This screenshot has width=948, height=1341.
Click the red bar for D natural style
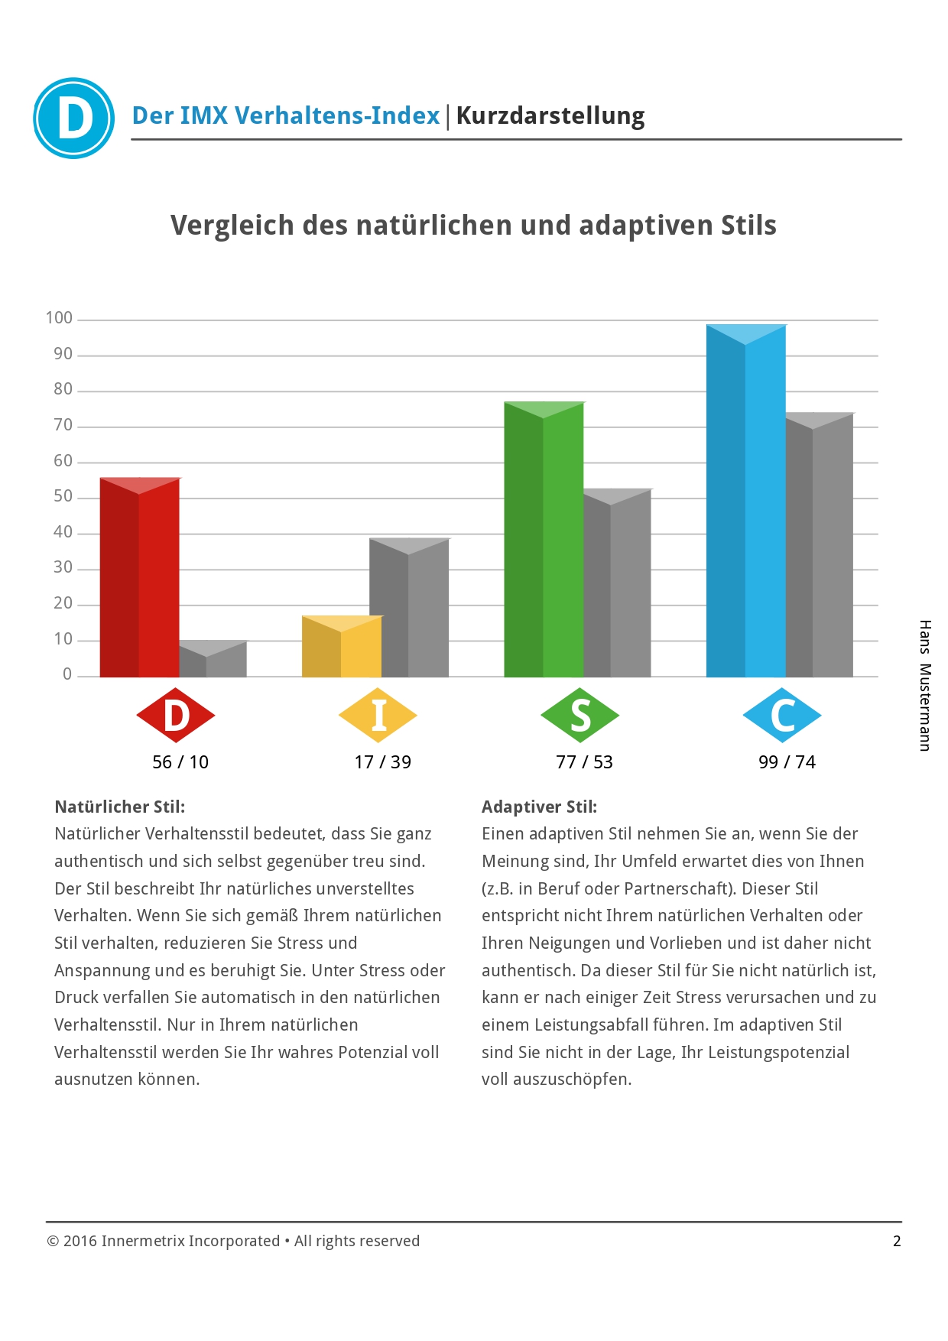(139, 577)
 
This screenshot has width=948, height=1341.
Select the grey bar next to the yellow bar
(409, 608)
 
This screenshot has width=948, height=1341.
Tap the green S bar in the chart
(544, 539)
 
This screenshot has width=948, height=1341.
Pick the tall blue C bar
(745, 501)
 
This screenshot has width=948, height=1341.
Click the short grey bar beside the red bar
(213, 659)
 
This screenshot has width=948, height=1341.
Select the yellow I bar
(341, 647)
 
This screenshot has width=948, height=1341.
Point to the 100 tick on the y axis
(60, 318)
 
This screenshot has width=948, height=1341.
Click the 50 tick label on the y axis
(63, 496)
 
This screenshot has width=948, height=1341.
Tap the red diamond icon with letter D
(176, 716)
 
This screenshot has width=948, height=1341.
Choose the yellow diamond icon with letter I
(378, 716)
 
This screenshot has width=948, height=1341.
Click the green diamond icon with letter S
(580, 716)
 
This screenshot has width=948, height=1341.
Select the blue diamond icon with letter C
(782, 716)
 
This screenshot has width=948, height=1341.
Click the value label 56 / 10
(180, 762)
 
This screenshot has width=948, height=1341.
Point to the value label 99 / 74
(787, 762)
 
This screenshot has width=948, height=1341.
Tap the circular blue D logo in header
(74, 119)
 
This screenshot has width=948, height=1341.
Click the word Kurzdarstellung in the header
(550, 116)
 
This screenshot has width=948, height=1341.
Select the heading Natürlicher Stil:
(120, 807)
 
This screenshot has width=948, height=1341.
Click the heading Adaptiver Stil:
(539, 807)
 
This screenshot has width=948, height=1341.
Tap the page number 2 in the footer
(897, 1241)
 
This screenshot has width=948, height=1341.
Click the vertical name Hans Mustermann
(925, 685)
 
